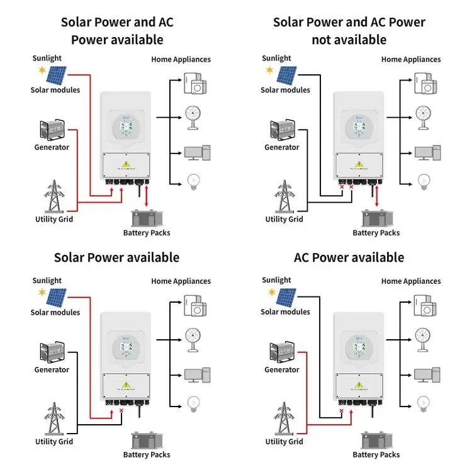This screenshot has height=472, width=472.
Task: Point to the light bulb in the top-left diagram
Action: click(x=193, y=183)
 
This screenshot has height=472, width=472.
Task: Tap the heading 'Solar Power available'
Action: click(x=116, y=257)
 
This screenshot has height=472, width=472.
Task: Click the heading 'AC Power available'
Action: click(x=349, y=257)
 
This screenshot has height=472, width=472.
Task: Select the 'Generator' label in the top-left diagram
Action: click(x=52, y=147)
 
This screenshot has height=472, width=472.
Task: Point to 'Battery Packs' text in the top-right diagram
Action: click(x=376, y=233)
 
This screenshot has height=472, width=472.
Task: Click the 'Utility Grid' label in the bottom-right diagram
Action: click(x=284, y=441)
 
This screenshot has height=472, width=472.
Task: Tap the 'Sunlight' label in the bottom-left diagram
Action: click(x=47, y=281)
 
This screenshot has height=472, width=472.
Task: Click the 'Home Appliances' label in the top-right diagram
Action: click(x=411, y=59)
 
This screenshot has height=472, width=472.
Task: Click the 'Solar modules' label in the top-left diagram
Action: click(x=55, y=90)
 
